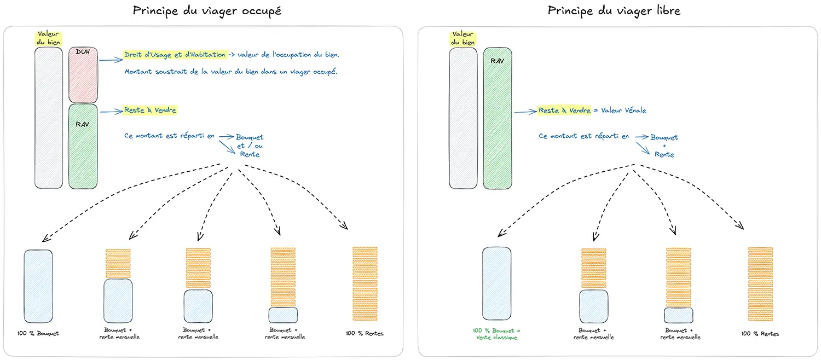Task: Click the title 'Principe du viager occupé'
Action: point(207,11)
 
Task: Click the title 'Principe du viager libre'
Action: point(614,11)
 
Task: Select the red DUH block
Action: point(83,75)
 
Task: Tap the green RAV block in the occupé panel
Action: point(83,147)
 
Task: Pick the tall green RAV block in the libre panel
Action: point(498,118)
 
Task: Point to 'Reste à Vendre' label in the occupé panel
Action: point(151,111)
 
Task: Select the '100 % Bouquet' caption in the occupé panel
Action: point(38,333)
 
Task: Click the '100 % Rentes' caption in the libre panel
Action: point(760,334)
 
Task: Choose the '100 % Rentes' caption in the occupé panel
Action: point(365,333)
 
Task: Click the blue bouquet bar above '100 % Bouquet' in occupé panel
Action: point(38,286)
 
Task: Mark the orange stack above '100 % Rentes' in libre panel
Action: point(761,284)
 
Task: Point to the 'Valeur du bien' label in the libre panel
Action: point(463,38)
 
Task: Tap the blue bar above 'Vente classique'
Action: point(497,283)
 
